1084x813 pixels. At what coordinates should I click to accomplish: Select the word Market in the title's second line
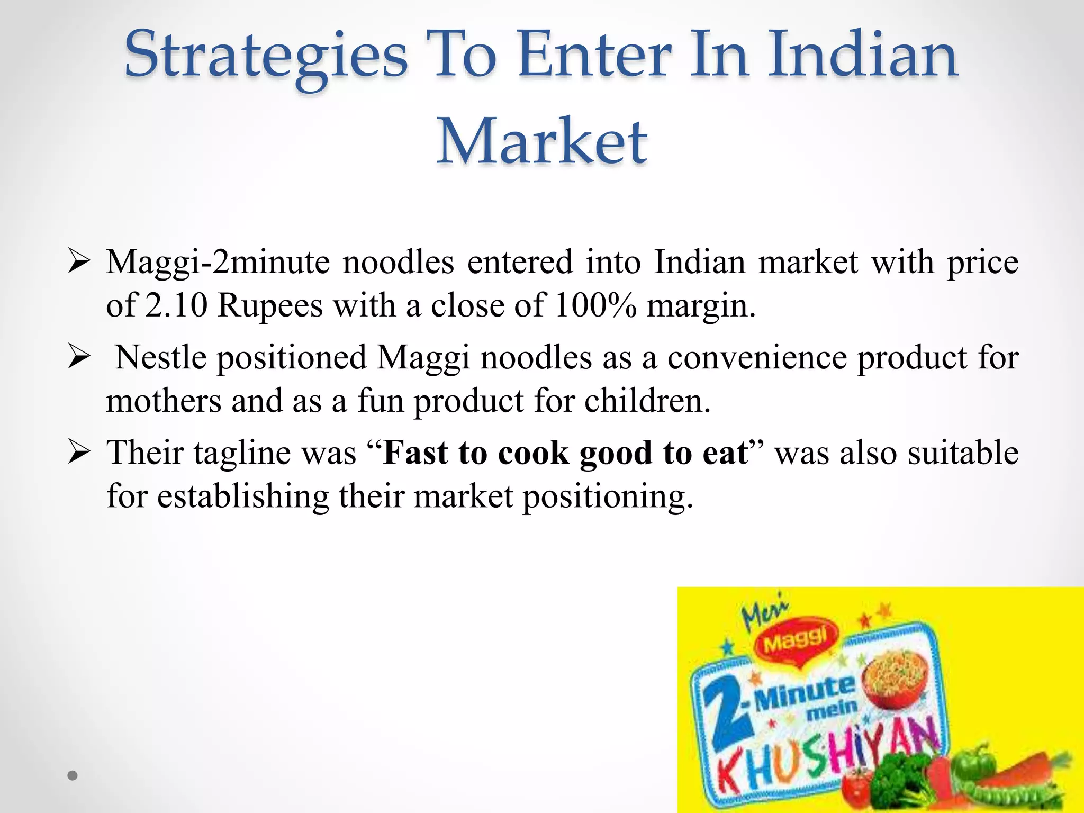click(541, 142)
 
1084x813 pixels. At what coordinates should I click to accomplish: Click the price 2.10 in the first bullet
click(176, 305)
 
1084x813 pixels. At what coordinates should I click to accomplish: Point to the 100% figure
click(595, 305)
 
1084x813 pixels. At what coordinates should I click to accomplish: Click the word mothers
click(164, 401)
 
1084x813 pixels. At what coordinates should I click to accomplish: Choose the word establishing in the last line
click(243, 496)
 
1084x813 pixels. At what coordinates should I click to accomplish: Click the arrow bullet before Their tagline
click(79, 453)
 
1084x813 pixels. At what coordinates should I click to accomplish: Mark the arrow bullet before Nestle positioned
click(79, 357)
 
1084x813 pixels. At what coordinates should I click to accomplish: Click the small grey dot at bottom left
click(73, 775)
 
